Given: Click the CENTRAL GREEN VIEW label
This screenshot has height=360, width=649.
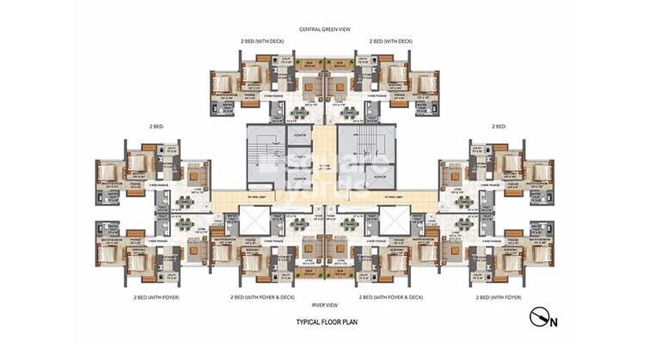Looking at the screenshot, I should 324,29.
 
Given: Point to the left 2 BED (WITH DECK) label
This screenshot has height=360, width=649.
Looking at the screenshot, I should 263,40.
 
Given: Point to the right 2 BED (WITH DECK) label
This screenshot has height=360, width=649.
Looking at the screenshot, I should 391,40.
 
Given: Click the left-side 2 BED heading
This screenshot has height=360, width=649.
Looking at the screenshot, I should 155,126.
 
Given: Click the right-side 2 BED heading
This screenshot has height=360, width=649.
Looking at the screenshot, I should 499,126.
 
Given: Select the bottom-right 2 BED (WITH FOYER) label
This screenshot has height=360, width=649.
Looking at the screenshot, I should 499,297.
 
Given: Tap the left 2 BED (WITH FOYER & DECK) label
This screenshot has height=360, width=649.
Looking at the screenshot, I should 262,297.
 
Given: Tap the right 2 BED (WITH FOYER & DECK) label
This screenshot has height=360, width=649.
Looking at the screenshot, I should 390,297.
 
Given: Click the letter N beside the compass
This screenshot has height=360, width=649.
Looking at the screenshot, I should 554,323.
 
